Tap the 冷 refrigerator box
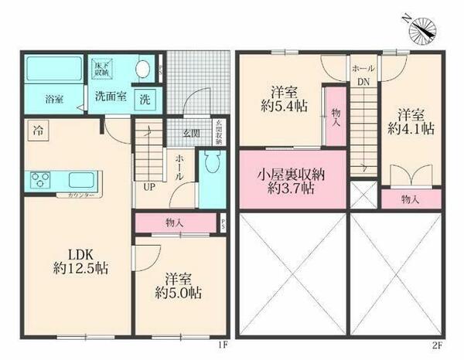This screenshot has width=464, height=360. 36,131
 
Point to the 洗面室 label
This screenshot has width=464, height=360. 111,98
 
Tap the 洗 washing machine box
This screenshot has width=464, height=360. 145,99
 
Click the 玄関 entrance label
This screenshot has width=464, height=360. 191,133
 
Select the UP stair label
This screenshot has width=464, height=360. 147,186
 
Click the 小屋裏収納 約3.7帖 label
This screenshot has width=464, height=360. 292,181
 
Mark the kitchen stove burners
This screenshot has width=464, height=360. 39,182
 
